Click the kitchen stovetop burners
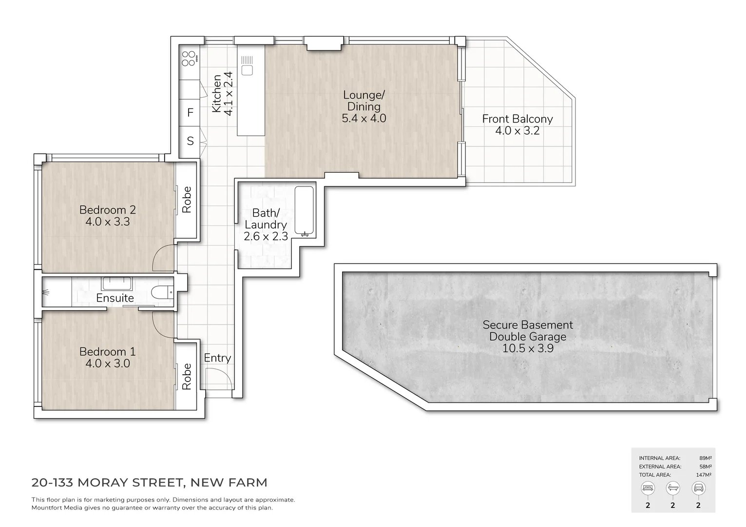click(189, 59)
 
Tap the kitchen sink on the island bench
click(247, 66)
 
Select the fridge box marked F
click(190, 113)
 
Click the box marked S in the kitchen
click(190, 141)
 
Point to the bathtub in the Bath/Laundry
click(305, 212)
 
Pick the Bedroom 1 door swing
click(164, 324)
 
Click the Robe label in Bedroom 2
click(187, 200)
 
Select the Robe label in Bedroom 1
click(187, 377)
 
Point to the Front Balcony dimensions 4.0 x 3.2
click(517, 131)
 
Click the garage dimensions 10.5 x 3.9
click(528, 348)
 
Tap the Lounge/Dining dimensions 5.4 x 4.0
click(364, 118)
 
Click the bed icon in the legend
click(648, 487)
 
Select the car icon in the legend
click(698, 487)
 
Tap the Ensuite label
click(115, 298)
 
